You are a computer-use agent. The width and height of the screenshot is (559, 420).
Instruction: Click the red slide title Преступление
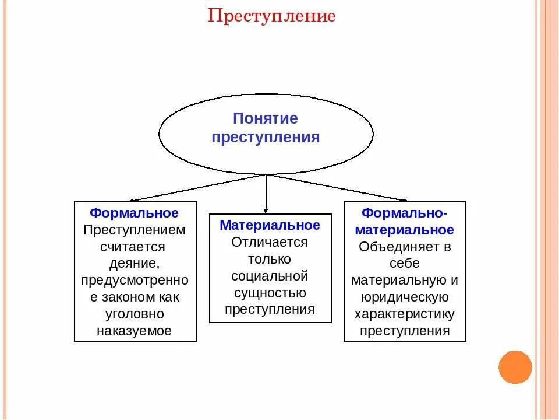tap(272, 16)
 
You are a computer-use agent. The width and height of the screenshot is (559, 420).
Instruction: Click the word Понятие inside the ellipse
tap(266, 119)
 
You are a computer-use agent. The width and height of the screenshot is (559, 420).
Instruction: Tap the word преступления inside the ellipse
tap(266, 138)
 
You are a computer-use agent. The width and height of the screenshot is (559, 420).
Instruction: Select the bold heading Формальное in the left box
tap(135, 213)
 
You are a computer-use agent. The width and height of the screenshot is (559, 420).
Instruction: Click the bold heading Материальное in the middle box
tap(270, 225)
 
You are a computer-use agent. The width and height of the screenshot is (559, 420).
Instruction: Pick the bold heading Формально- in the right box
tap(405, 213)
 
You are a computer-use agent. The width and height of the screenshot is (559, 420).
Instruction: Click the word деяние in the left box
tap(135, 264)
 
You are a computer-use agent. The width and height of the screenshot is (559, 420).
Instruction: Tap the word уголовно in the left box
tap(135, 314)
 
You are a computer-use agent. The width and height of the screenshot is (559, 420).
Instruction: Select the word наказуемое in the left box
tap(135, 331)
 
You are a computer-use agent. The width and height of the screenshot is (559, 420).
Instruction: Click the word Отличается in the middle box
tap(270, 242)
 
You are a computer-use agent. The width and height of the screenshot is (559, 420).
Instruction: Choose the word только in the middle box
tap(270, 259)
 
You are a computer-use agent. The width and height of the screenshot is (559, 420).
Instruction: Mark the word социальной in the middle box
tap(270, 276)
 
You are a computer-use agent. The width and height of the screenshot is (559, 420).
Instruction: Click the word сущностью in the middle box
tap(270, 293)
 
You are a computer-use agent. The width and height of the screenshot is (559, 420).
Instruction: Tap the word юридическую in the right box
tap(405, 297)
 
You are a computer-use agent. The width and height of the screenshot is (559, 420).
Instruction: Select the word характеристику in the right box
tap(405, 314)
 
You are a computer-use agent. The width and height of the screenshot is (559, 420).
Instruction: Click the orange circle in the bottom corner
tap(515, 367)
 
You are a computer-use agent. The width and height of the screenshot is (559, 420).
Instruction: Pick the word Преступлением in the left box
tap(135, 230)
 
